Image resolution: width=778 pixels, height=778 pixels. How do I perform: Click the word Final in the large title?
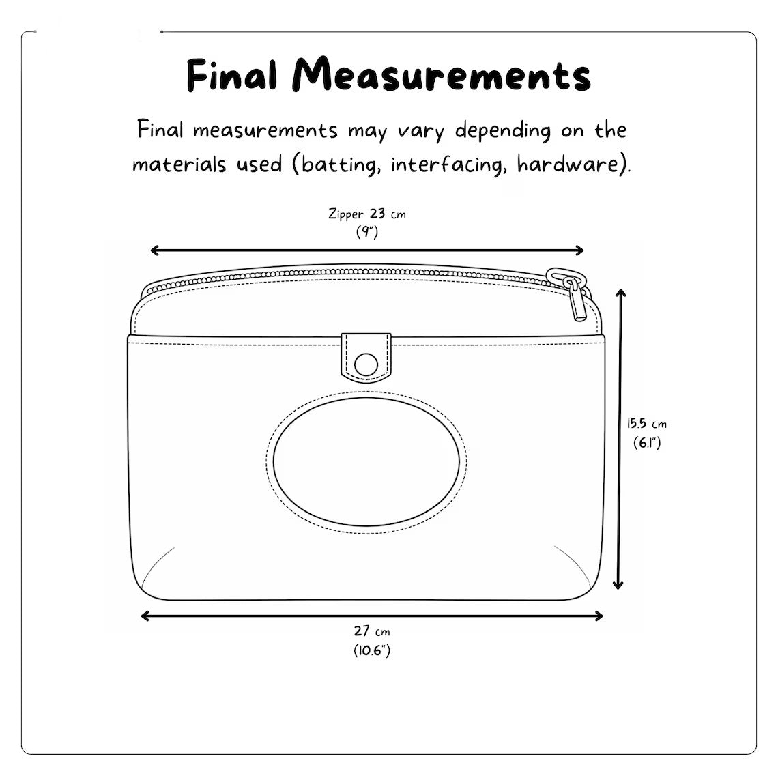pos(232,76)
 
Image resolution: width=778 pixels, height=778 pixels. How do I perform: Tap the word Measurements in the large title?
pos(442,74)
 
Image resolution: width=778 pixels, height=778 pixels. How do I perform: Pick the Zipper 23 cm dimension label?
pos(367,214)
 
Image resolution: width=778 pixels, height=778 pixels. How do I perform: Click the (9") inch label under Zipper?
pos(367,232)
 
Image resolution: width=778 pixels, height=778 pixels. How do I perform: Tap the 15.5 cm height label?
pos(646,424)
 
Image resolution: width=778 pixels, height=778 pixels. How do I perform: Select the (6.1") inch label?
pos(647,443)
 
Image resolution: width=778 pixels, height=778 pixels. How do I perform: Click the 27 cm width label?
pos(372,631)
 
